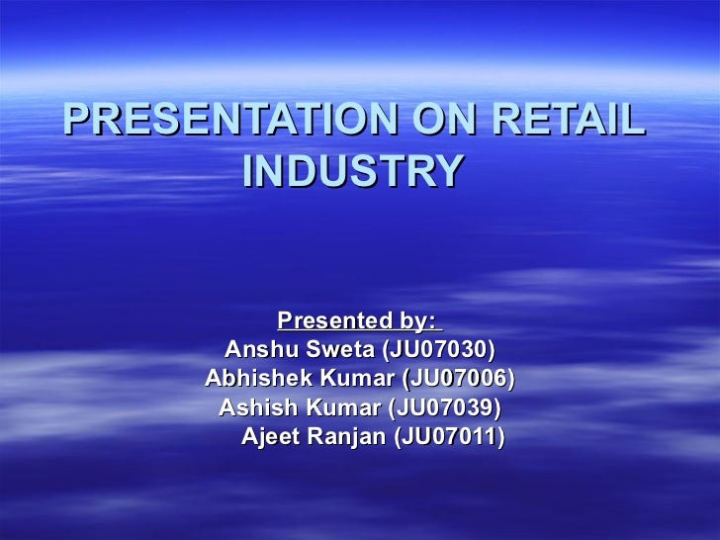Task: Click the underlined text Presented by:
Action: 357,320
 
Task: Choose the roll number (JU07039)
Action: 445,407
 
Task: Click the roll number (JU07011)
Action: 449,436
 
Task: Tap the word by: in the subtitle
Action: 414,320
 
